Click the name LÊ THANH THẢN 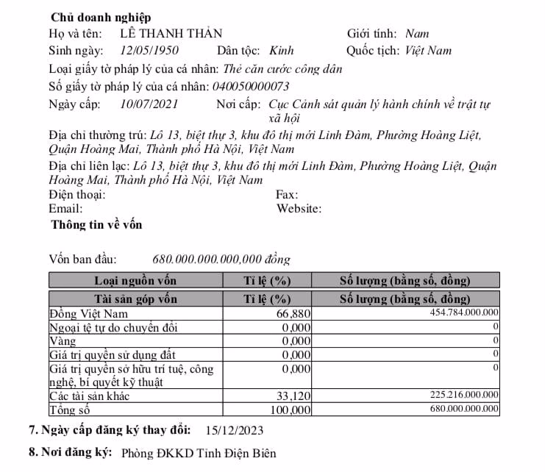tap(171, 34)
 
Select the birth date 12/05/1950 tap(149, 51)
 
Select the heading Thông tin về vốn tap(96, 225)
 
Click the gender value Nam tap(417, 34)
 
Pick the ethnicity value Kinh tap(282, 51)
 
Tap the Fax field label tap(286, 196)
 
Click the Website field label tap(299, 209)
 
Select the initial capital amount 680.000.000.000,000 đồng tap(221, 260)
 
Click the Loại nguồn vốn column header tap(136, 281)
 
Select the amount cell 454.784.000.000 tap(464, 314)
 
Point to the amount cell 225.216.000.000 tap(464, 396)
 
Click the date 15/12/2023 tap(235, 431)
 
